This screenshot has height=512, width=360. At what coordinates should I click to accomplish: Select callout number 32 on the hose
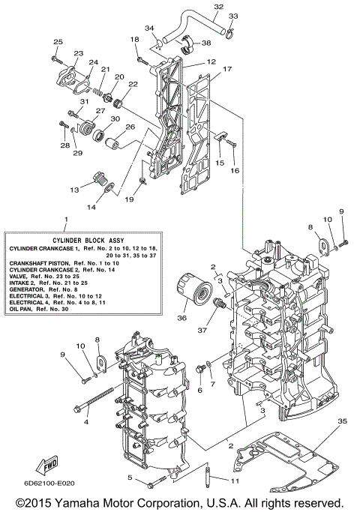(x=218, y=7)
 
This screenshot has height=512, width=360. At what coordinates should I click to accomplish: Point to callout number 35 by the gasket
(x=343, y=422)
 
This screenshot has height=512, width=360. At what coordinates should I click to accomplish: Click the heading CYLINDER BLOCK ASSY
(x=66, y=239)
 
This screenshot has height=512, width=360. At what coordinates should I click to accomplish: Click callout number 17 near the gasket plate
(x=227, y=69)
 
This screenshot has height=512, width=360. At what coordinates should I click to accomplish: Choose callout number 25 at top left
(x=57, y=42)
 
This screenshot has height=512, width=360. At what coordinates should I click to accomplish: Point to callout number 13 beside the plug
(x=75, y=190)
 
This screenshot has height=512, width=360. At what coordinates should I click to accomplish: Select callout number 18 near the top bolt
(x=134, y=39)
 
